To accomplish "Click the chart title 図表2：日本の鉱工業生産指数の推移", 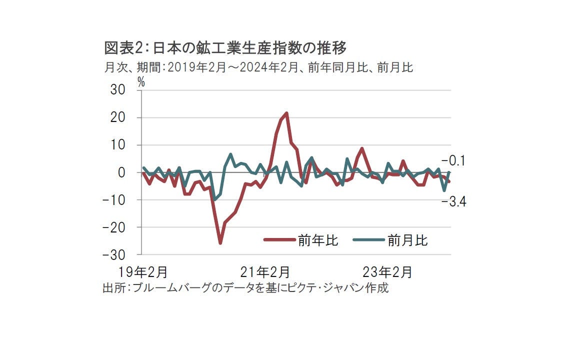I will coord(225,48).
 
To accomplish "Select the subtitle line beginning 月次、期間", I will coord(258,67).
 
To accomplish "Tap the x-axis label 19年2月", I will coord(143,272).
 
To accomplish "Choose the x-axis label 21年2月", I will coord(265,272).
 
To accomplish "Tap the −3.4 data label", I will coord(453,201).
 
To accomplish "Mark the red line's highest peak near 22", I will coord(286,113).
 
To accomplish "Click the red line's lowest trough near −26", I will coord(220,243).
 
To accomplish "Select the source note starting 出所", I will coord(245,288).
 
